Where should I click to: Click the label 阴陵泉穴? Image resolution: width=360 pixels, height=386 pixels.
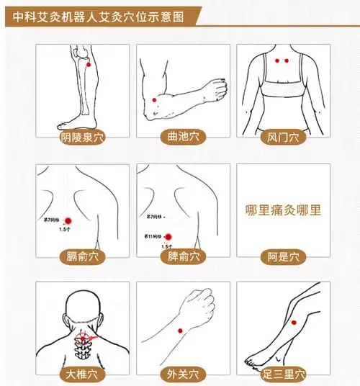point(82,136)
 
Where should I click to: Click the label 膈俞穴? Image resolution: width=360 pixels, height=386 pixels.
point(82,256)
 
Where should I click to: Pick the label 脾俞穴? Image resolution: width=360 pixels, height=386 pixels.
point(183,256)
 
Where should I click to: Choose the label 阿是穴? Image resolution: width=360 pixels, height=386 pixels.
point(283,256)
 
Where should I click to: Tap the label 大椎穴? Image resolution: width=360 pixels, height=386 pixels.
point(82,374)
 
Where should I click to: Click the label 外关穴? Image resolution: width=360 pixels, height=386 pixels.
point(183,374)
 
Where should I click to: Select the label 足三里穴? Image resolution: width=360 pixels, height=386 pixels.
point(283,374)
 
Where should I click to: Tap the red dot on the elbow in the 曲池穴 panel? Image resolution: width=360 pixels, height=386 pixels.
point(154,100)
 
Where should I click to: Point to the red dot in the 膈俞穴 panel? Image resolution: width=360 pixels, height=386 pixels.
point(68,220)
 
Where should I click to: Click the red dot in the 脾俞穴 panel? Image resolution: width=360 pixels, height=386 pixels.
point(168,236)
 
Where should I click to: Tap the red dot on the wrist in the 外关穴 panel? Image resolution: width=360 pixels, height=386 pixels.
point(181,331)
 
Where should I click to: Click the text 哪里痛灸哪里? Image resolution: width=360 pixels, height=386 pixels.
point(283,211)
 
